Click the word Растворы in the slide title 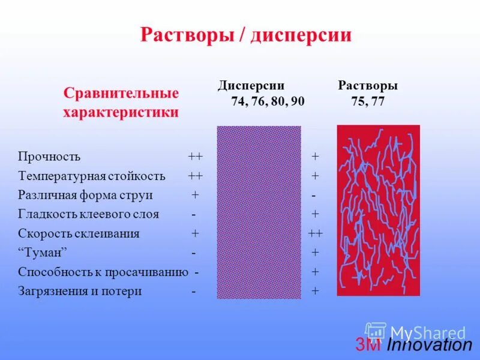pos(186,35)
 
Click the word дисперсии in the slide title pos(301,35)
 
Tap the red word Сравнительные pos(122,94)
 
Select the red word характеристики pos(121,112)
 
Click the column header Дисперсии pos(251,86)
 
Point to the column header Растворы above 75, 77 pos(368,86)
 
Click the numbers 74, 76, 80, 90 pos(268,101)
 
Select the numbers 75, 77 pos(368,101)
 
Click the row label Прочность pos(49,157)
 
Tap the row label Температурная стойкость pos(92,176)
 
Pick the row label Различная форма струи pos(85,195)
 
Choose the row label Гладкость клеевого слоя pos(89,214)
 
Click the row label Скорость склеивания pos(79,233)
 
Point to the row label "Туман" pos(43,253)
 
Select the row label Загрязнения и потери pos(80,291)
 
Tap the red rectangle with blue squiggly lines pos(378,210)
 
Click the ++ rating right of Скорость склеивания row pos(316,233)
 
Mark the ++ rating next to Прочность pos(195,157)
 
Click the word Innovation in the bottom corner pos(430,345)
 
